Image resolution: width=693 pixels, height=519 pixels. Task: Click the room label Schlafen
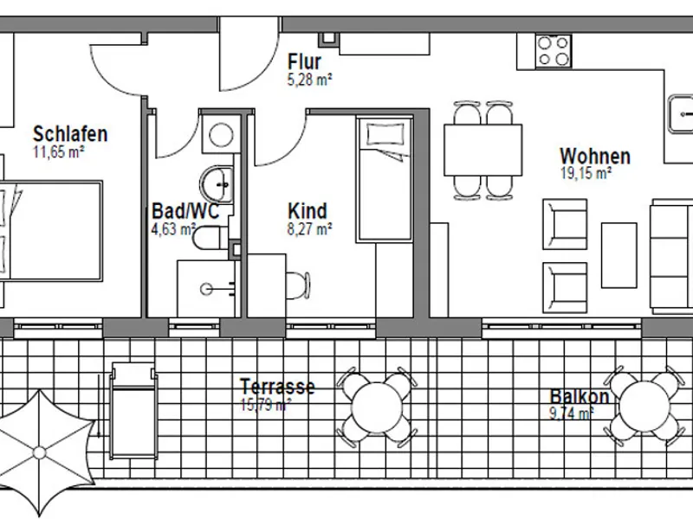point(70,134)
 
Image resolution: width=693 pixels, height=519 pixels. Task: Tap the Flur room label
point(304,62)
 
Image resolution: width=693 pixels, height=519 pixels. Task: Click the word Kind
point(307,211)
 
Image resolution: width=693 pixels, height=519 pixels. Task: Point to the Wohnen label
point(594,157)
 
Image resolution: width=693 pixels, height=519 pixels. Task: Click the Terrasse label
point(277,387)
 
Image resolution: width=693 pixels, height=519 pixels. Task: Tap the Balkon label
point(579,397)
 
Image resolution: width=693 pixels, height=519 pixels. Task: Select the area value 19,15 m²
point(586,173)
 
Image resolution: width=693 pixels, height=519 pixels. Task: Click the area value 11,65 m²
point(58,151)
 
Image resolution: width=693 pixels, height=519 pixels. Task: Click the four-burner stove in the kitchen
point(553,50)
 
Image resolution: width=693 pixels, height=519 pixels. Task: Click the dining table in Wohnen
point(483,150)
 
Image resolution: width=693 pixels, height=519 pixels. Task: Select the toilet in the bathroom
point(208,238)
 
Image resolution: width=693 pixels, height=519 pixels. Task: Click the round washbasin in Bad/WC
point(216,183)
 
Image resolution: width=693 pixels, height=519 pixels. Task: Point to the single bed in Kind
point(385,182)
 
